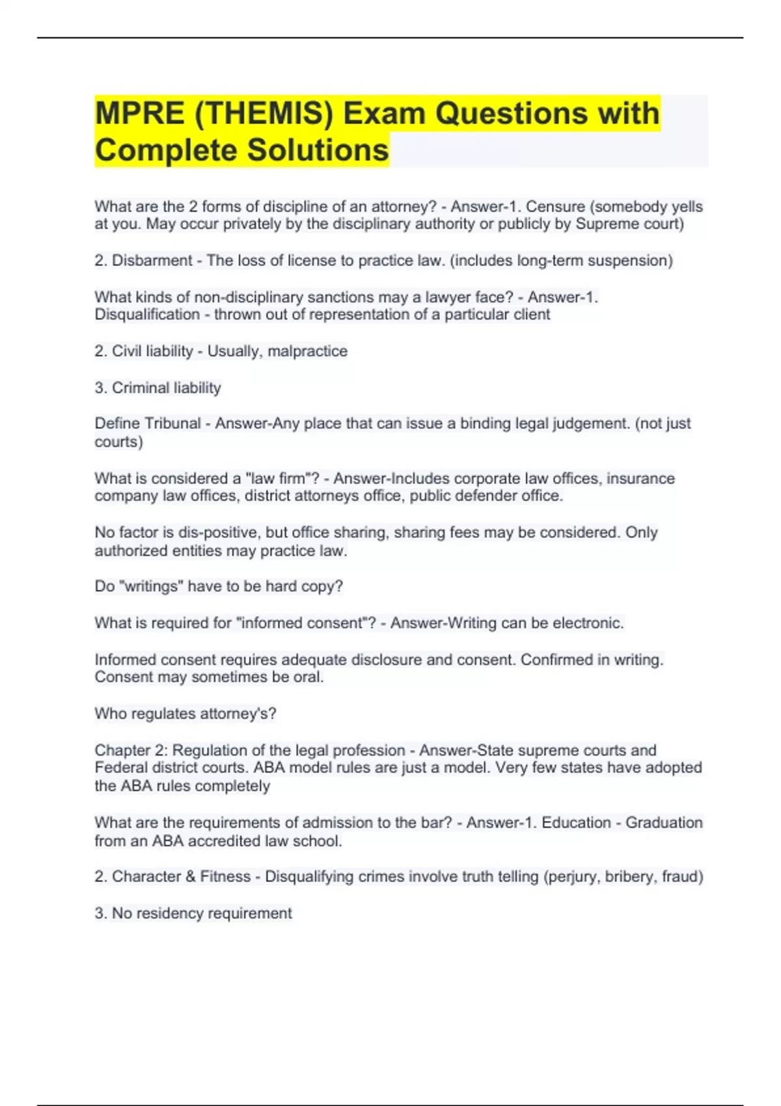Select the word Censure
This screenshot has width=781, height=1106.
(555, 207)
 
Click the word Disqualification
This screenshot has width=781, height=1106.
(147, 315)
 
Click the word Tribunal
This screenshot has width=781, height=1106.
(174, 424)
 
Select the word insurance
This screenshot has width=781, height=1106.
(640, 479)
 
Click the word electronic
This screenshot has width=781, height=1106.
(588, 623)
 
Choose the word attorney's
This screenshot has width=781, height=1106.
(238, 714)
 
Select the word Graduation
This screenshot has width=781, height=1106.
(664, 823)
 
